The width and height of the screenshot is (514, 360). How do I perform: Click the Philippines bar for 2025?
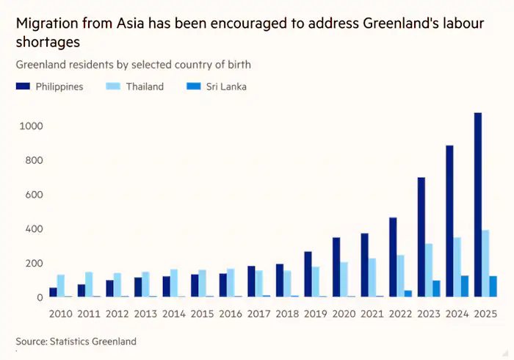(x=478, y=205)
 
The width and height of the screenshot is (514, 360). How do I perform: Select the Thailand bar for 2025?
(x=486, y=264)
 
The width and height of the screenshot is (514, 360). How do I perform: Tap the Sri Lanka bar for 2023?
(x=437, y=289)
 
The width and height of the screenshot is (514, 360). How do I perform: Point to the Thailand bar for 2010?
(x=61, y=286)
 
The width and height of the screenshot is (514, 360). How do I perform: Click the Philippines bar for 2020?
(x=336, y=267)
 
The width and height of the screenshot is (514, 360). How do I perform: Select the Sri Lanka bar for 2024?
(x=465, y=287)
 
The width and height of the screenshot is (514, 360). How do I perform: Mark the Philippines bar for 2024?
(x=449, y=221)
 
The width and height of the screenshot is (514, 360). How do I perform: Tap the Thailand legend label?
(x=144, y=87)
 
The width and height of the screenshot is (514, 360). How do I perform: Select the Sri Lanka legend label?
(x=226, y=87)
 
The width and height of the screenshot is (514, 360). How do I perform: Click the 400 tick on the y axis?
(x=35, y=229)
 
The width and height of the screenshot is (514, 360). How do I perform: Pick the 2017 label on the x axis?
(x=259, y=314)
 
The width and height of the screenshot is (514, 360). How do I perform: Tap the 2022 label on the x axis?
(x=400, y=314)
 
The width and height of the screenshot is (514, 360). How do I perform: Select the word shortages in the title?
(x=47, y=42)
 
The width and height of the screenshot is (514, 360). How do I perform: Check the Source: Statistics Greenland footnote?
(x=76, y=342)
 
